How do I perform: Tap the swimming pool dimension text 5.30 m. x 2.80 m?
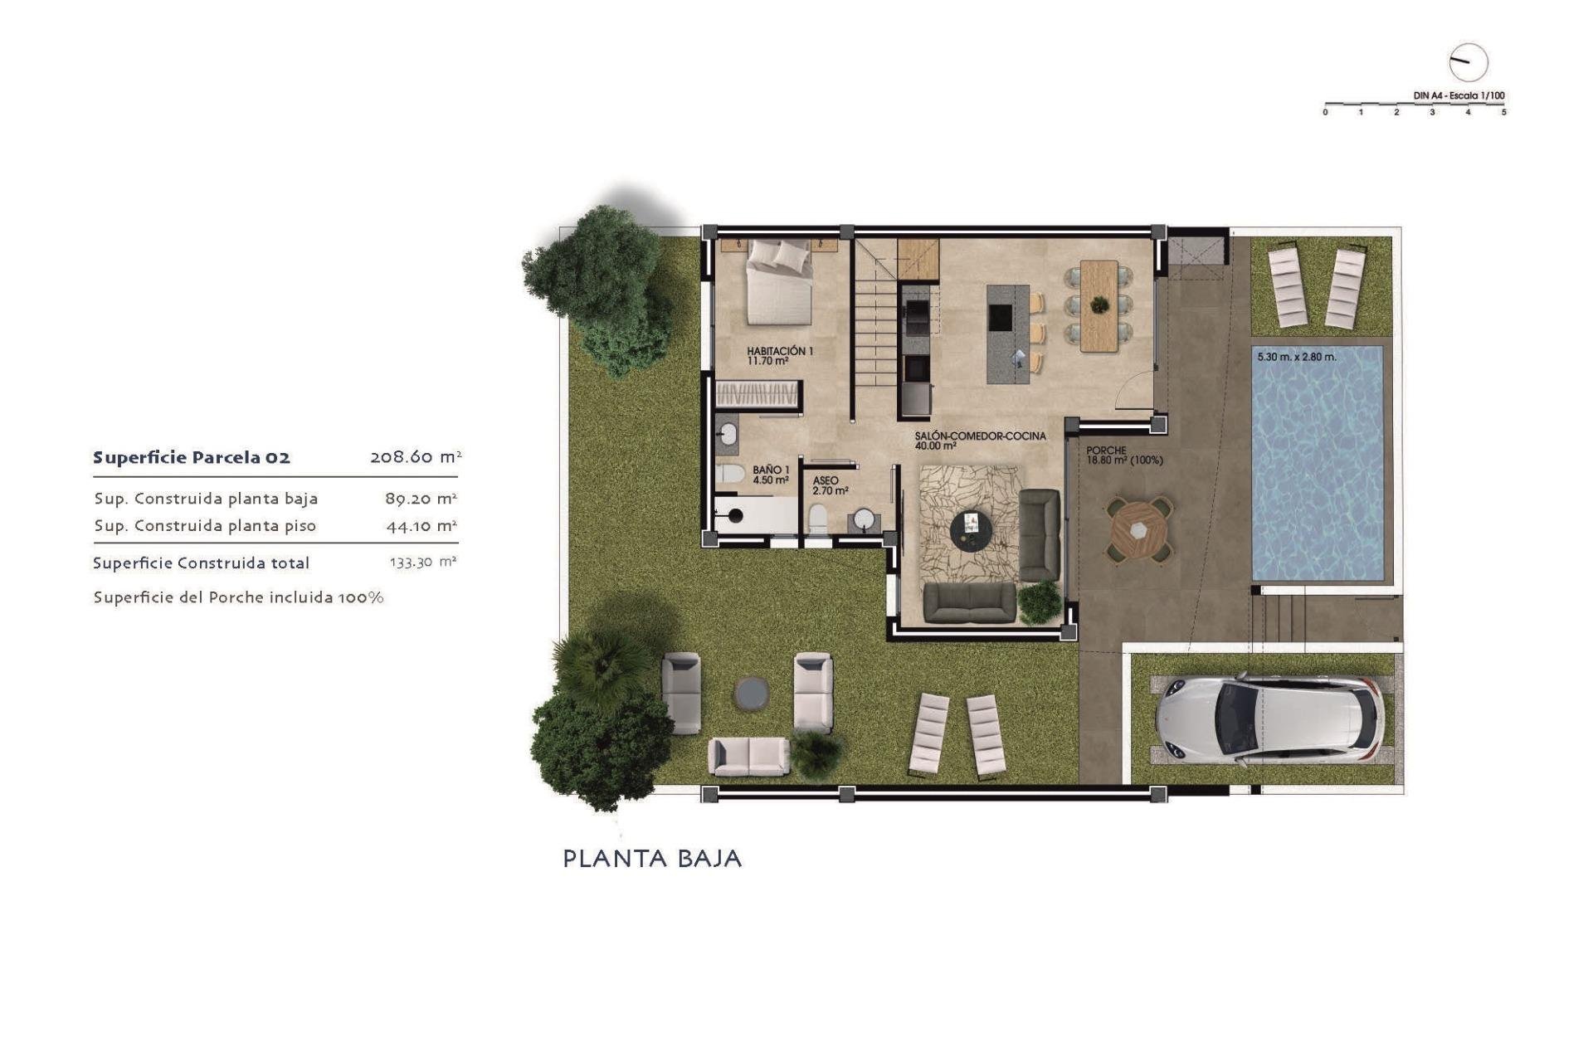point(1297,358)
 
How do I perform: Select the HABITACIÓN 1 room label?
point(780,356)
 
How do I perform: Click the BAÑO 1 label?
point(771,475)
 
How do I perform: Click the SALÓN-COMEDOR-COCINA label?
point(980,441)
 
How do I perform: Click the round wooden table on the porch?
point(1139,530)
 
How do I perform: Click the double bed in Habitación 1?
point(779,283)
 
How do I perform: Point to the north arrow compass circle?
point(1468,62)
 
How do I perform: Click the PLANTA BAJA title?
point(652,859)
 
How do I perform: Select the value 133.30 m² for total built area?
point(423,563)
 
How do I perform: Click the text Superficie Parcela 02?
point(192,458)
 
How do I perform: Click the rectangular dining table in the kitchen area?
point(1099,305)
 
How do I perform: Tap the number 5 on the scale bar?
point(1503,112)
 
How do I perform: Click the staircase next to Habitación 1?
point(876,332)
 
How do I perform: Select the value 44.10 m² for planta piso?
point(421,526)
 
